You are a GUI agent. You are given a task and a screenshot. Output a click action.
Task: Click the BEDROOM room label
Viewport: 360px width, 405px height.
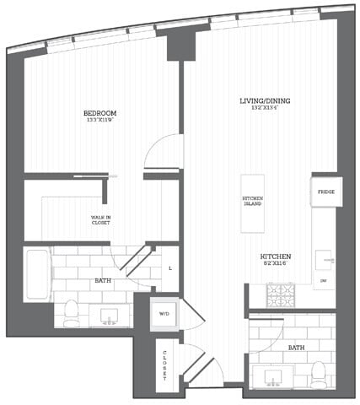(99, 113)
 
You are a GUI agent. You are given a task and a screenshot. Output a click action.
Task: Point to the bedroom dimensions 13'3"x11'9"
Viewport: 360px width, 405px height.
(99, 121)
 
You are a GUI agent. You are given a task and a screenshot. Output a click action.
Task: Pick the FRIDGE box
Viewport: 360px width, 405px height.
(325, 192)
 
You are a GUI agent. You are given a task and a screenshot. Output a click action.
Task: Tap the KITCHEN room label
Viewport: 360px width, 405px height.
(276, 256)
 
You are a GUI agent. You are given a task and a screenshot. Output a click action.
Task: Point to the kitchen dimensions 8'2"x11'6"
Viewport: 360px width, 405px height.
(276, 264)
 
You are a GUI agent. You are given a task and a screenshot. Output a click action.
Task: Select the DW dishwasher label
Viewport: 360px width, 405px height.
(324, 280)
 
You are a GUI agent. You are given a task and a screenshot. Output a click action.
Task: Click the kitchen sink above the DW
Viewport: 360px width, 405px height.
(325, 259)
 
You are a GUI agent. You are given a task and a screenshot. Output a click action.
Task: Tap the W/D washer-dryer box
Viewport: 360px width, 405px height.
(164, 314)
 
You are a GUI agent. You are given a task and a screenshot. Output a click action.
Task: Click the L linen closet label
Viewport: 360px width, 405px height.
(169, 267)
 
